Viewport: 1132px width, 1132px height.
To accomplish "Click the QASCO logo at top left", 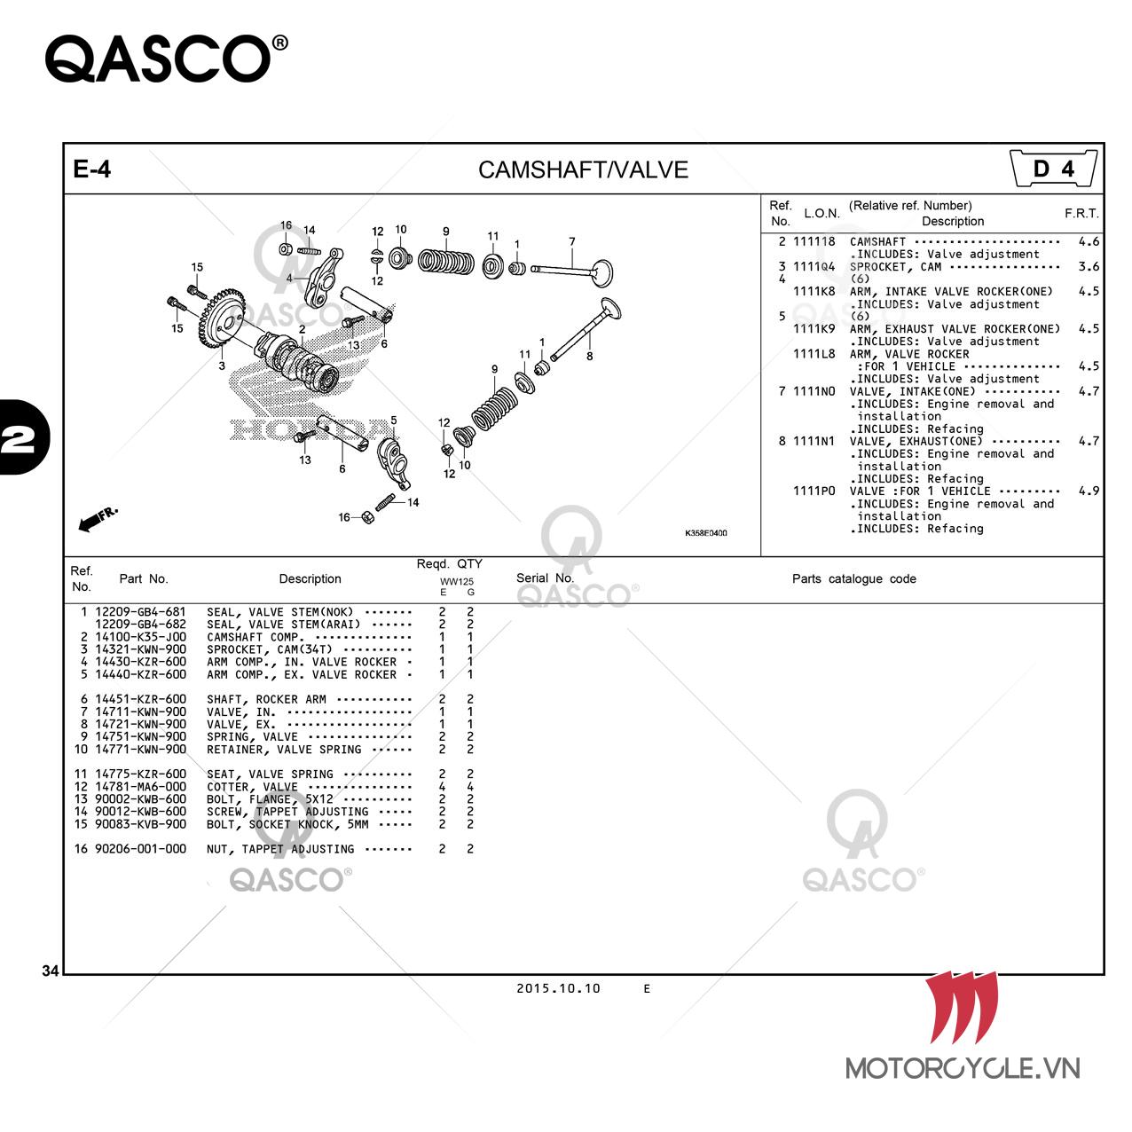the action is click(166, 59).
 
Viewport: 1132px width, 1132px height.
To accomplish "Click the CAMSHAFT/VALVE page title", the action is click(583, 169).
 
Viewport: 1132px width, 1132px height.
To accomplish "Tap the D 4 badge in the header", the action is click(1053, 169).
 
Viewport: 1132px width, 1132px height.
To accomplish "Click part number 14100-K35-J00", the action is click(140, 637).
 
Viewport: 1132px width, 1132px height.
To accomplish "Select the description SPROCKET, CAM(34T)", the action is click(269, 649).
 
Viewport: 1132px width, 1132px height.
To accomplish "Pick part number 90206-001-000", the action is click(140, 848).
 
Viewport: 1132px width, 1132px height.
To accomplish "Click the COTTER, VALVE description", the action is click(252, 787).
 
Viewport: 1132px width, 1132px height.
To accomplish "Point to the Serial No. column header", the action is click(545, 578).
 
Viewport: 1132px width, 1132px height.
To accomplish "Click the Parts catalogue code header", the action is click(853, 578).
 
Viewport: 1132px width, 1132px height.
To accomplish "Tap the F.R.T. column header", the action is click(1081, 213).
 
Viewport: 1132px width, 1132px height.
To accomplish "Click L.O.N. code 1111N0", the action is click(814, 391).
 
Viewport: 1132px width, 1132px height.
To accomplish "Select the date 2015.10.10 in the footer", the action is click(558, 988).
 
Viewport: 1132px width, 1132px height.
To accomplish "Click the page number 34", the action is click(51, 971).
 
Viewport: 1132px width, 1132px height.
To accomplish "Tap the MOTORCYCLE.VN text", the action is click(963, 1068).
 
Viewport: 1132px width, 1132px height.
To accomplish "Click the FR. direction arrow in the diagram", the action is click(97, 519).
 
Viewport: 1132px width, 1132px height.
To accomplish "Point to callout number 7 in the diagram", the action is click(571, 241).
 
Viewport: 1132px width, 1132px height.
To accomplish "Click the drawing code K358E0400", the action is click(705, 533).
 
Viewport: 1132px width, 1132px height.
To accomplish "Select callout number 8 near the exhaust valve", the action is click(589, 356).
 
